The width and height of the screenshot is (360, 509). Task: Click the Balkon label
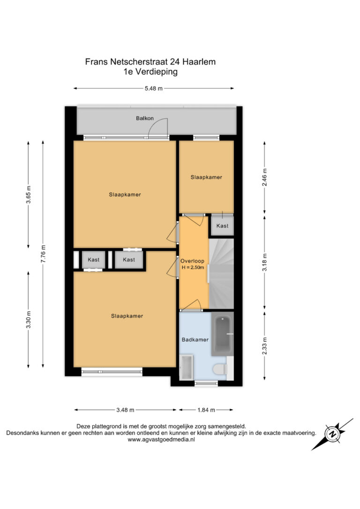click(145, 118)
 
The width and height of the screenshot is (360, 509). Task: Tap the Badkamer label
click(195, 339)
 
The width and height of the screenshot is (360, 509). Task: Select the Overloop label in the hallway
click(192, 261)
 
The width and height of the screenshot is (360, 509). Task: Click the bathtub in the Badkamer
click(222, 334)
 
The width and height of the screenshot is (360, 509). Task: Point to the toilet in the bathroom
click(221, 369)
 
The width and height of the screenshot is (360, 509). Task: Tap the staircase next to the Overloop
click(221, 273)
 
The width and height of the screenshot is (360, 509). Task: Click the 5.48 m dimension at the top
click(154, 88)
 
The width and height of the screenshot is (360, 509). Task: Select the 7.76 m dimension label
click(43, 254)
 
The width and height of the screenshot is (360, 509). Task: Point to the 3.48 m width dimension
click(125, 410)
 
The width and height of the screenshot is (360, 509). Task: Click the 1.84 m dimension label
click(206, 410)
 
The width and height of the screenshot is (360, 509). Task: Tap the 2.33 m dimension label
click(264, 346)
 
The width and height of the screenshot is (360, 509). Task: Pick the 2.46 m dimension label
click(264, 178)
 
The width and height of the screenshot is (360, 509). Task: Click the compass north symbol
click(332, 434)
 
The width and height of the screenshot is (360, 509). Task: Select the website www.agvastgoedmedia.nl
click(161, 440)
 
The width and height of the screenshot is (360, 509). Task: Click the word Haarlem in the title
click(199, 62)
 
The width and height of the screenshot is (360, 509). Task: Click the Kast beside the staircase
click(222, 225)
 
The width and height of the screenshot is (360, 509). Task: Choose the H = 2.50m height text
click(193, 268)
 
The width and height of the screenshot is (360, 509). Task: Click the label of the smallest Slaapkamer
click(206, 177)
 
